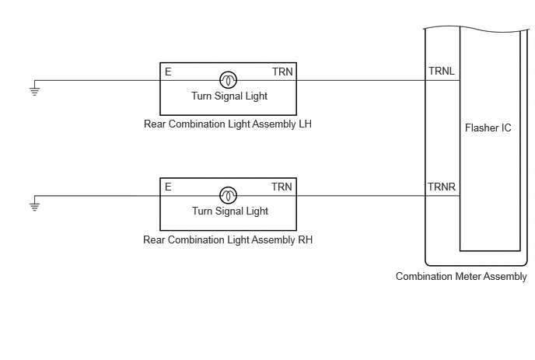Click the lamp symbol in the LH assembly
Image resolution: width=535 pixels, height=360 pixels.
(x=229, y=80)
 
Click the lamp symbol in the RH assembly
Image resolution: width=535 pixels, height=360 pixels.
(x=229, y=195)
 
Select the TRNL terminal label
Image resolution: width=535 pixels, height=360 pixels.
(x=442, y=71)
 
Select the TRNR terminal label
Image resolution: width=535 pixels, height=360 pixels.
(x=442, y=187)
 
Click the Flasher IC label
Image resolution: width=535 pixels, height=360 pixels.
(x=488, y=128)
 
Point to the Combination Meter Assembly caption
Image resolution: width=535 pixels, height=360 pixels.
(x=461, y=276)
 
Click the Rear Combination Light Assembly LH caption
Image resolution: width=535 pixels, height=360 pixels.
(x=228, y=124)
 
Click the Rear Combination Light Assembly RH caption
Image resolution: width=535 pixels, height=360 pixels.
(x=228, y=239)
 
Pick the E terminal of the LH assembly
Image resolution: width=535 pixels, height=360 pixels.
(x=168, y=72)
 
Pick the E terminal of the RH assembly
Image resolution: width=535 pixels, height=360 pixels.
(x=168, y=187)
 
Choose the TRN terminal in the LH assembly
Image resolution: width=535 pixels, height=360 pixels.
(x=282, y=72)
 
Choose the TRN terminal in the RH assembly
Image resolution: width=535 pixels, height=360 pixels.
(x=281, y=187)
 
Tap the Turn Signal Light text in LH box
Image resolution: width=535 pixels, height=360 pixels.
(x=229, y=96)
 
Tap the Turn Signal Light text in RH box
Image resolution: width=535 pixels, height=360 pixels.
(x=230, y=211)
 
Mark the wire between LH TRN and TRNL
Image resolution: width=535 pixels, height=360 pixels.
(x=361, y=81)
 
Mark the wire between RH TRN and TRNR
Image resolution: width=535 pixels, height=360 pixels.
(x=361, y=196)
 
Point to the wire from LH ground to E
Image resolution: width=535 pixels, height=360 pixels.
(x=97, y=81)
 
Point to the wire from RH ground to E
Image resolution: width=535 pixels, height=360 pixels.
(x=97, y=196)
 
